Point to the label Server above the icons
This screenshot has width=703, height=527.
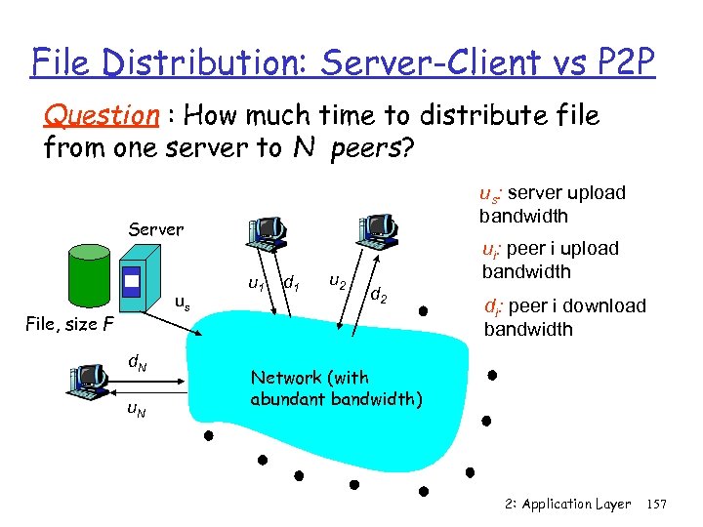pos(156,229)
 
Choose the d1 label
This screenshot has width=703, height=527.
pos(290,284)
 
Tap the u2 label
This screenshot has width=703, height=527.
pos(336,282)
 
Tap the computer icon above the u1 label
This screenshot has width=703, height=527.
pos(268,228)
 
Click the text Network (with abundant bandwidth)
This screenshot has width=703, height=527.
pos(336,387)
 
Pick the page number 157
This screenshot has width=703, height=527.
pos(657,504)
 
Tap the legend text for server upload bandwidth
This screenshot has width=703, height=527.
pos(552,203)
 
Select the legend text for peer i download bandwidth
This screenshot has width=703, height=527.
pos(564,317)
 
